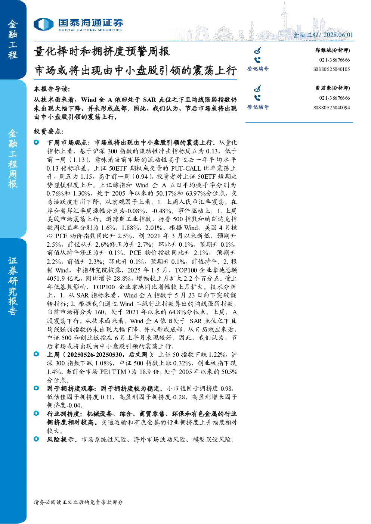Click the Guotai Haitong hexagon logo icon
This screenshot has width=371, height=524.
click(44, 24)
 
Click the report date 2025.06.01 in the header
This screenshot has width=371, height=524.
click(338, 35)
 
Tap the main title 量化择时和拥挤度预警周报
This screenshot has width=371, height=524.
click(102, 52)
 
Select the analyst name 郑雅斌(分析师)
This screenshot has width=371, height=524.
click(333, 50)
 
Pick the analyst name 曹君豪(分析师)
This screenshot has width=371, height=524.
click(333, 88)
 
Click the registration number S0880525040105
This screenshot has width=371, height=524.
click(331, 69)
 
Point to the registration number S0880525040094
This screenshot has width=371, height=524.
click(331, 107)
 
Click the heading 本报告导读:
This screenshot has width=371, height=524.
click(52, 89)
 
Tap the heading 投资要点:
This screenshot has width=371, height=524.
click(49, 131)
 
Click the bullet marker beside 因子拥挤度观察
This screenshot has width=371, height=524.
click(36, 388)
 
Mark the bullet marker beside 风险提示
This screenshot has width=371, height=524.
click(36, 439)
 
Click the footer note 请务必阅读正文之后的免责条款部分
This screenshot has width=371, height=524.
click(78, 502)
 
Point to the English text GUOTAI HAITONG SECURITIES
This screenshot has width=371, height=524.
click(90, 30)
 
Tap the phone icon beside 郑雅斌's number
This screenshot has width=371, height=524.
click(257, 60)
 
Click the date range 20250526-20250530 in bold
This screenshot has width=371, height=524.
click(95, 355)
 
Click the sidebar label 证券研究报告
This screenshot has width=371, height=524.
click(13, 286)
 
